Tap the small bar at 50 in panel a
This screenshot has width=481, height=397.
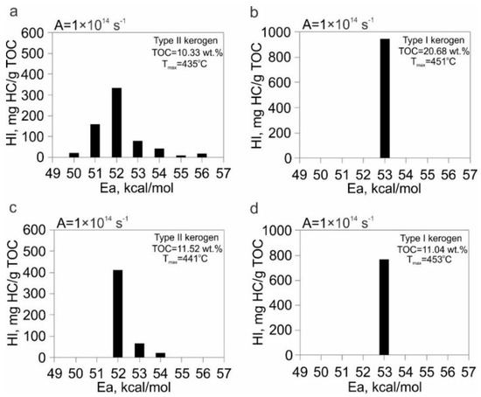74,155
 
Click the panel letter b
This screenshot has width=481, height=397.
253,10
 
